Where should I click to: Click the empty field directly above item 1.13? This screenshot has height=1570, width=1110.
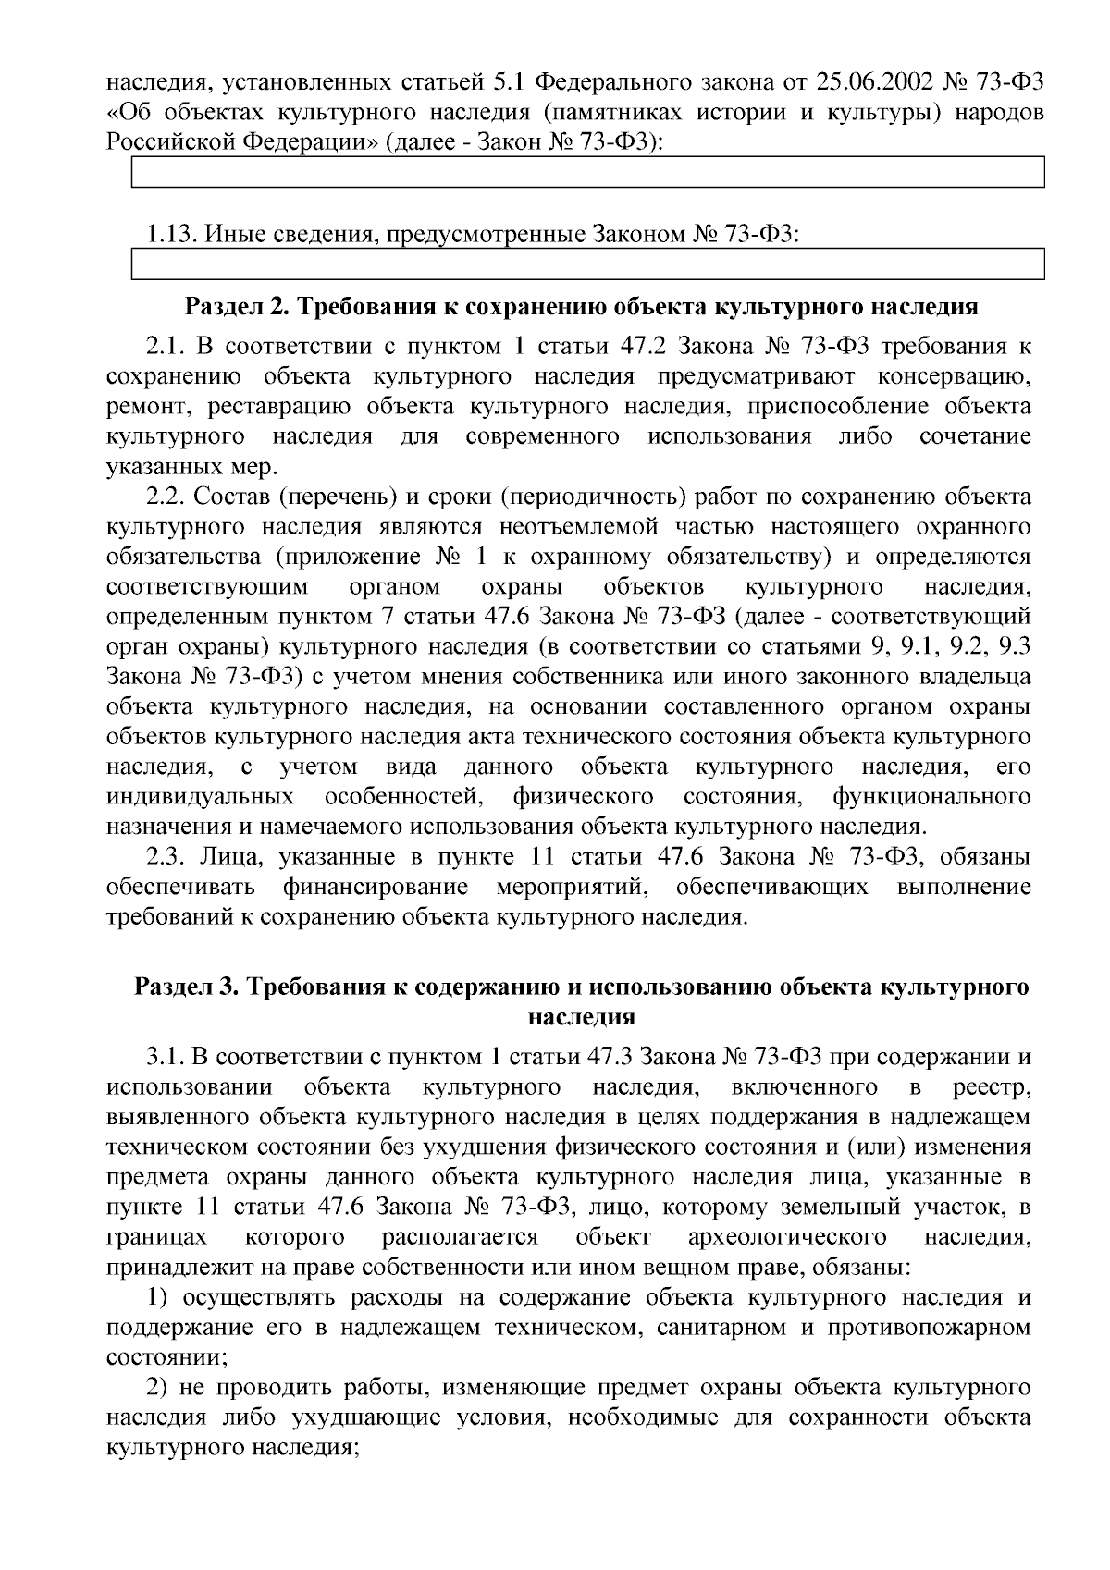point(587,172)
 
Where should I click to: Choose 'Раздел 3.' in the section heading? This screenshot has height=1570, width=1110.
point(185,987)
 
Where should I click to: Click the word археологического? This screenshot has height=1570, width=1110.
point(787,1237)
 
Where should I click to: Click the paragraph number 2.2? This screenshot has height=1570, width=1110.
point(166,497)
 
